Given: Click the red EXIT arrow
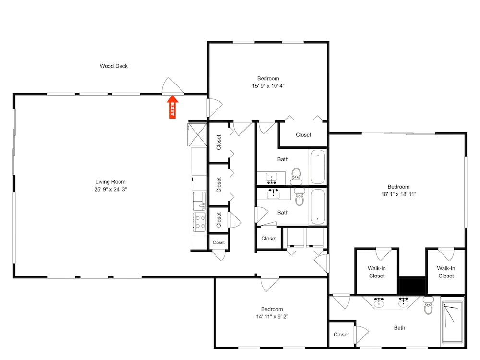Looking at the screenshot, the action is (x=172, y=107).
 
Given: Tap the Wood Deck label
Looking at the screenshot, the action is (x=114, y=66).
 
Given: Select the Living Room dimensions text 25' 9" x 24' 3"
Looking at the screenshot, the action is (x=110, y=189).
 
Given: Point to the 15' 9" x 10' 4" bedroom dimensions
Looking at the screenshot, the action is (x=268, y=86).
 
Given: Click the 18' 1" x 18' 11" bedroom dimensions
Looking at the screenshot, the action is (x=398, y=194).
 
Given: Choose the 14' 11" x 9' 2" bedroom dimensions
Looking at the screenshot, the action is (x=272, y=316).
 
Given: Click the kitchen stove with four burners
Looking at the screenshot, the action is (x=200, y=222).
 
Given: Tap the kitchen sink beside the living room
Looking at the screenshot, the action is (x=200, y=201).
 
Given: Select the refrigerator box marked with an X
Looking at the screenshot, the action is (x=198, y=134).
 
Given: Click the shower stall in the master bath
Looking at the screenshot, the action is (x=453, y=322).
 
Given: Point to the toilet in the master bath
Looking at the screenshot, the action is (x=429, y=305).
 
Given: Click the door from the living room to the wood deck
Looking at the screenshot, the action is (x=173, y=86).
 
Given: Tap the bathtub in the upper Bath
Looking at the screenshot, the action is (x=318, y=167).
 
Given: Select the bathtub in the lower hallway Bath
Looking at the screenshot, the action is (x=318, y=207).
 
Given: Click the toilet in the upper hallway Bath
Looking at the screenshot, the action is (x=296, y=177).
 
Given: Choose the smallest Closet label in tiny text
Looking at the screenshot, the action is (x=218, y=242).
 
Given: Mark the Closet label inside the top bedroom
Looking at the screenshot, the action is (x=303, y=135).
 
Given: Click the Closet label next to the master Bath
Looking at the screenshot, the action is (x=341, y=335).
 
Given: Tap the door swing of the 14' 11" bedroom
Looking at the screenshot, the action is (x=270, y=284).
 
